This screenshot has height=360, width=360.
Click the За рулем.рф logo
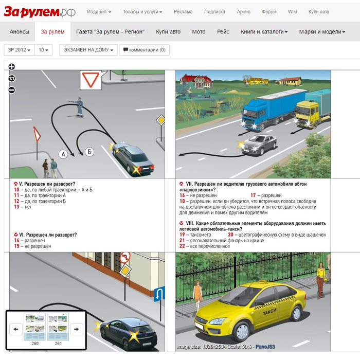(x=40, y=12)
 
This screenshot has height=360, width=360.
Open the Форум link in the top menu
(x=269, y=12)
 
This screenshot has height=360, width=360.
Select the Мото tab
(x=199, y=32)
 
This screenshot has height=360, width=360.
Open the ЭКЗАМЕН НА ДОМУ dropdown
(x=88, y=50)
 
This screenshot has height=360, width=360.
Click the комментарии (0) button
(x=145, y=50)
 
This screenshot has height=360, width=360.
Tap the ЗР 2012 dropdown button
(x=19, y=50)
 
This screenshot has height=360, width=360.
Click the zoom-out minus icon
(x=12, y=90)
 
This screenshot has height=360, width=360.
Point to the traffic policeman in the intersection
(x=79, y=107)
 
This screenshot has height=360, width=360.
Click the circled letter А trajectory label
(x=63, y=154)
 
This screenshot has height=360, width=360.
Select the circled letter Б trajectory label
(x=89, y=152)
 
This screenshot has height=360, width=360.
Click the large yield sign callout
(x=91, y=80)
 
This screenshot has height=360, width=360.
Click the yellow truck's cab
(x=307, y=113)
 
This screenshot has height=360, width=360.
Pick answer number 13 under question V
(x=23, y=207)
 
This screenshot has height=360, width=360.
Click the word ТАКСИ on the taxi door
(x=269, y=312)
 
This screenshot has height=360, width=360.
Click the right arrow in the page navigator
(x=77, y=329)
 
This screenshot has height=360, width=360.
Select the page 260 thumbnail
(x=34, y=327)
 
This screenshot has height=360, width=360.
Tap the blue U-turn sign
(x=159, y=294)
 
